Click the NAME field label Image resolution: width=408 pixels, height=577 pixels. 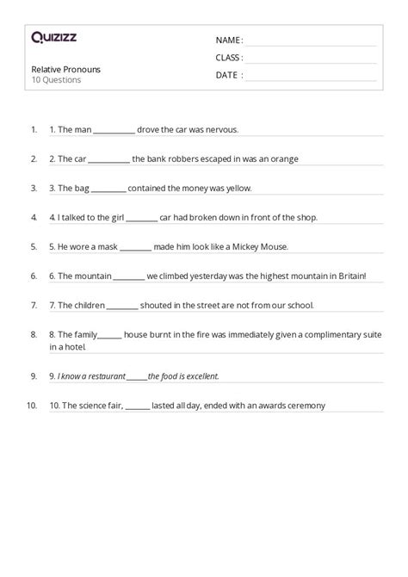(x=228, y=40)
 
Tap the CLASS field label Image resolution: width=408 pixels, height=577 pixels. (x=229, y=58)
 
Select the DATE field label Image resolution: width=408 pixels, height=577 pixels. (x=228, y=75)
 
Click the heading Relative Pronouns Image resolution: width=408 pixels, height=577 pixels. (x=62, y=68)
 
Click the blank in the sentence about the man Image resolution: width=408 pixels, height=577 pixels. (x=114, y=131)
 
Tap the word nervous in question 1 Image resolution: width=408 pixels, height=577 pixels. (x=220, y=130)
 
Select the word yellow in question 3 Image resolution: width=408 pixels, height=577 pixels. (x=235, y=189)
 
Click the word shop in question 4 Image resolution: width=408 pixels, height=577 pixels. (x=306, y=218)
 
